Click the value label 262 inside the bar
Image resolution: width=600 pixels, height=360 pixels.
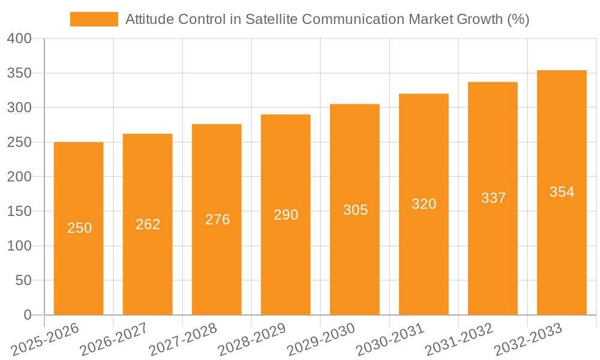coord(148,224)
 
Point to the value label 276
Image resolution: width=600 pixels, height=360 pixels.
coord(217,220)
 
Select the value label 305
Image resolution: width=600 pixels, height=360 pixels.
coord(355,210)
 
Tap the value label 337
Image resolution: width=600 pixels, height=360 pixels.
coord(493,198)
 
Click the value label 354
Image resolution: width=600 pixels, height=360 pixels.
coord(562,192)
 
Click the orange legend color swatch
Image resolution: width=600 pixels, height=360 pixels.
coord(94,19)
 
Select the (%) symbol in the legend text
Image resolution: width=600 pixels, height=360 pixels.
coord(518,19)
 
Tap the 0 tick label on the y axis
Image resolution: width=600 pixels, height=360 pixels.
coord(27,315)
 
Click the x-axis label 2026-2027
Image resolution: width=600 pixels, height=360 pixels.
coord(114,340)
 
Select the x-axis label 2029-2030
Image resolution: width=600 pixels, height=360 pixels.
coord(321,340)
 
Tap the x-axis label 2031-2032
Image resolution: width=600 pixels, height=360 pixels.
coord(459,340)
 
